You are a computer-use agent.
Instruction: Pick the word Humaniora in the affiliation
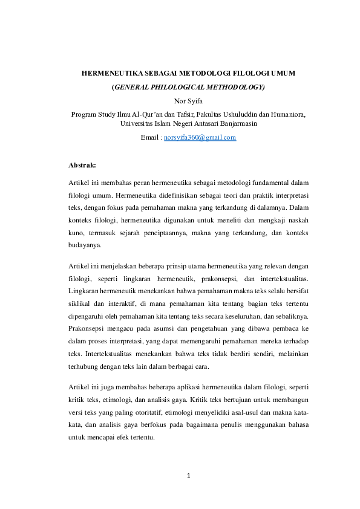[286, 114]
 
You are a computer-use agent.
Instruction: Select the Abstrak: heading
[82, 164]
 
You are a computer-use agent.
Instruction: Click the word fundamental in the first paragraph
[269, 183]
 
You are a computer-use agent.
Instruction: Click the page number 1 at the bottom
[189, 476]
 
